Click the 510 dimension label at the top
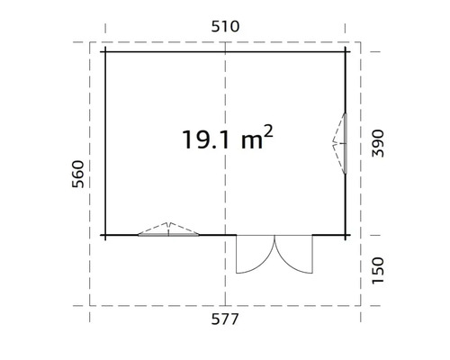(225, 26)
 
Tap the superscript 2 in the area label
(268, 130)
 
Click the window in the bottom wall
(168, 230)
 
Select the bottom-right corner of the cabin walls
(348, 235)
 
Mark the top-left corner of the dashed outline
(90, 42)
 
